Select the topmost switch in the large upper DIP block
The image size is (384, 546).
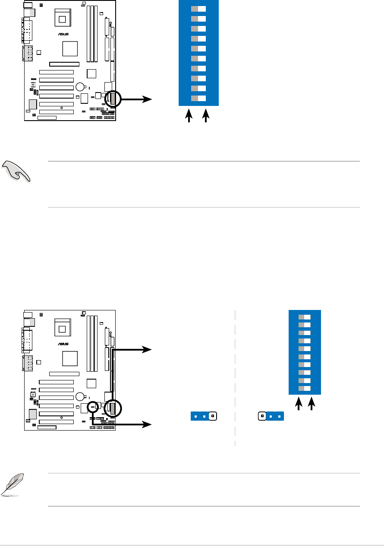click(x=198, y=9)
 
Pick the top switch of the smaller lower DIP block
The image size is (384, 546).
click(x=305, y=317)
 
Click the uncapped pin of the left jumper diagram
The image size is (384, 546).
click(x=213, y=417)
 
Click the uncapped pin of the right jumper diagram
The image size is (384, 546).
click(x=262, y=417)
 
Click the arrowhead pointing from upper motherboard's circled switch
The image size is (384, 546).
click(x=148, y=99)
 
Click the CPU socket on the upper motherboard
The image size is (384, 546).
click(x=62, y=19)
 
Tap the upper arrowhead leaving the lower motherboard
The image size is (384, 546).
click(x=148, y=349)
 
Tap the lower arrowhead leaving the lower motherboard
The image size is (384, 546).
click(x=148, y=425)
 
